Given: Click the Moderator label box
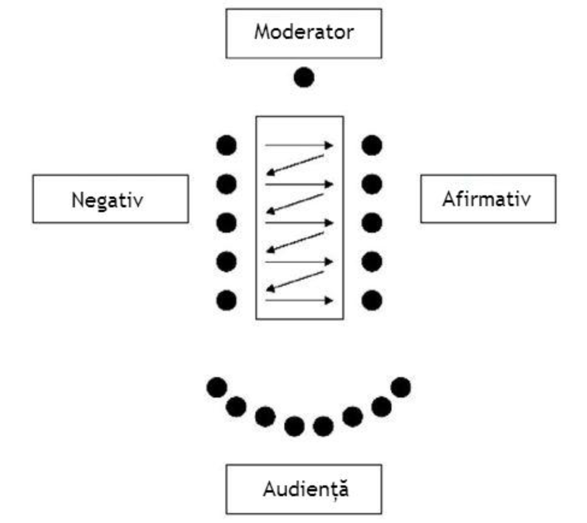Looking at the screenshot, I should tap(304, 33).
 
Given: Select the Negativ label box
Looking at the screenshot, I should tap(110, 199).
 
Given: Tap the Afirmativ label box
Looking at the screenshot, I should tap(488, 199).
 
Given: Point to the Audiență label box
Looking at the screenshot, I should tap(304, 489).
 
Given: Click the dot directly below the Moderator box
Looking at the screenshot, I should tap(304, 78).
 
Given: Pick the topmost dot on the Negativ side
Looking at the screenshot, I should tap(226, 145).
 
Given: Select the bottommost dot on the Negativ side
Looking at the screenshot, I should tap(226, 301).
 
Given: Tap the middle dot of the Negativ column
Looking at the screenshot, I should tap(226, 222).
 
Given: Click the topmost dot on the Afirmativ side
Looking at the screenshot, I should tap(371, 145).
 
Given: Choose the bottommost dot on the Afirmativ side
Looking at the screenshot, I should tap(371, 301).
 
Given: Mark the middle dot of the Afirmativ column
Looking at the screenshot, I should tap(371, 222).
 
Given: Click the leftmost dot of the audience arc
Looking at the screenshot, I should tap(217, 387).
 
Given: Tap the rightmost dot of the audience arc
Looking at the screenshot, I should tap(400, 387).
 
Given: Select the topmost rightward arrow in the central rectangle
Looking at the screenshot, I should tap(299, 145).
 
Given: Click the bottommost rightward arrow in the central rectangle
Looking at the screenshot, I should tap(299, 301).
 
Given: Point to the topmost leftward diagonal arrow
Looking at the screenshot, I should tap(295, 165).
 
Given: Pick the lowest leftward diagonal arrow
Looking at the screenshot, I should tap(295, 281).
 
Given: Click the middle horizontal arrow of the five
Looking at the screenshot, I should tap(299, 222).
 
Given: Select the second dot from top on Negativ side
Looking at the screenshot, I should tap(226, 184).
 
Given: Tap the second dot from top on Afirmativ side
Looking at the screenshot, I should tap(371, 184).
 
